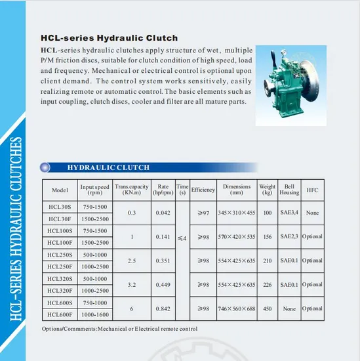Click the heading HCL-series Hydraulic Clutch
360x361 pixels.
coord(110,38)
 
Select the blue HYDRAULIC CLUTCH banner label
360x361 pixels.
coord(108,167)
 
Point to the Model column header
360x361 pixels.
coord(60,190)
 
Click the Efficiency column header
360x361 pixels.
coord(203,190)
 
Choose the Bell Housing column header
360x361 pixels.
coord(289,190)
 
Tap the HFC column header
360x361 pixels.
coord(312,190)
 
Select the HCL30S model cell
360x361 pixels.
coord(60,207)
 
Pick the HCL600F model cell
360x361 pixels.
coord(60,314)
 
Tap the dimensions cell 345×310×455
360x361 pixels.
coord(237,213)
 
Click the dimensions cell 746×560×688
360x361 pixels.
coord(237,308)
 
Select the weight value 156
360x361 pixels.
coord(266,236)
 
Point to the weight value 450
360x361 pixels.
coord(266,308)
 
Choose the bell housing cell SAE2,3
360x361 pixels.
coord(289,236)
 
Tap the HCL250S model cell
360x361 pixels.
coord(60,255)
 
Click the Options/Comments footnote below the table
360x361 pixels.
coord(120,328)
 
